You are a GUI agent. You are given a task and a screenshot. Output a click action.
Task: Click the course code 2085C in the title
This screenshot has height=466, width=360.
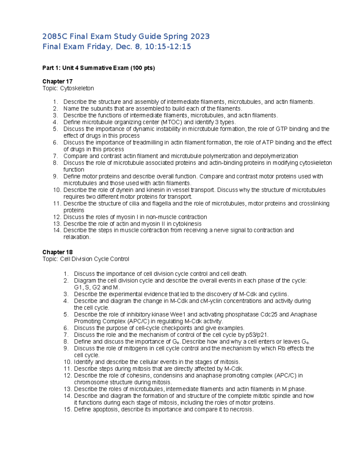[x=55, y=37]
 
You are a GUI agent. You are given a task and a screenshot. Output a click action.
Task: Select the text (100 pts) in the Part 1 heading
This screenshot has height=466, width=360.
[x=142, y=68]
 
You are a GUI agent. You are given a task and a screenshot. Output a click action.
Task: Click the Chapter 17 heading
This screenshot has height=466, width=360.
[x=57, y=81]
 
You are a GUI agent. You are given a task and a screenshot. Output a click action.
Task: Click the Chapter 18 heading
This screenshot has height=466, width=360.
[x=57, y=252]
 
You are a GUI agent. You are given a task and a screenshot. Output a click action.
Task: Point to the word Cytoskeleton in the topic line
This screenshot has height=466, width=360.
[x=77, y=88]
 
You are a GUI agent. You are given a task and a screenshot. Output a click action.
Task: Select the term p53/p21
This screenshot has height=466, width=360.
[x=256, y=335]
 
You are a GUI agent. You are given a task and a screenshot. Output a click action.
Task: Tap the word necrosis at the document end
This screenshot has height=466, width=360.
[x=241, y=410]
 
